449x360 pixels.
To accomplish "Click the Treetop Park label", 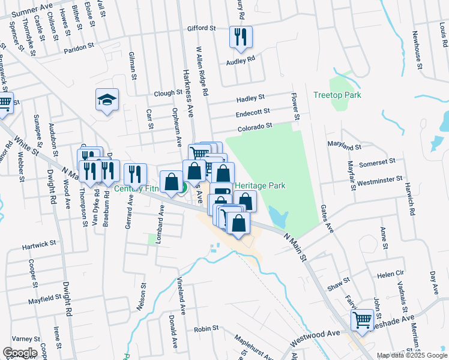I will pyautogui.click(x=337, y=95).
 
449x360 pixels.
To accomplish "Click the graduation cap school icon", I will pyautogui.click(x=107, y=100).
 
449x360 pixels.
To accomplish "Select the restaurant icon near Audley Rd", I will pyautogui.click(x=241, y=37).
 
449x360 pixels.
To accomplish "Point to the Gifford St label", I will pyautogui.click(x=201, y=28).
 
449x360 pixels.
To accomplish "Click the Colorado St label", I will pyautogui.click(x=255, y=126).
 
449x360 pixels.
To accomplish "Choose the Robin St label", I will pyautogui.click(x=206, y=329).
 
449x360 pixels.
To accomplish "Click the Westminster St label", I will pyautogui.click(x=379, y=179).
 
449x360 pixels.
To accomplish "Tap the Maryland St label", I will pyautogui.click(x=344, y=145).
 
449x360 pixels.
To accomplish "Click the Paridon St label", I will pyautogui.click(x=80, y=45).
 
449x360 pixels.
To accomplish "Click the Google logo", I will pyautogui.click(x=20, y=352).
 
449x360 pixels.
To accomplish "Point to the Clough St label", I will pyautogui.click(x=167, y=93).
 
